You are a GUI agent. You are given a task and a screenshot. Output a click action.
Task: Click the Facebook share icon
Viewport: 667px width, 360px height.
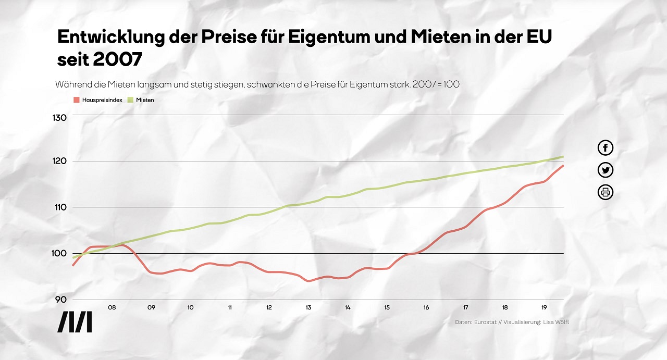point(605,148)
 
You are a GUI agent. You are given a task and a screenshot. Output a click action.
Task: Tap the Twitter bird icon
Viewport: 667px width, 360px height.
point(605,170)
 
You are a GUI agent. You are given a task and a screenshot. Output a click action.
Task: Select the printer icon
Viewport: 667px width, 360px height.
point(605,192)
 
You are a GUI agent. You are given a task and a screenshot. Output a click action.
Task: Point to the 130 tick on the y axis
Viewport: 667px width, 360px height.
point(60,118)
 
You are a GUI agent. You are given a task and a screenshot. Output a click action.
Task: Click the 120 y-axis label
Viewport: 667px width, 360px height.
point(60,162)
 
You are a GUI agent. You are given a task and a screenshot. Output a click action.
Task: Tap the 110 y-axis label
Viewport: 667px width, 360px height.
point(60,207)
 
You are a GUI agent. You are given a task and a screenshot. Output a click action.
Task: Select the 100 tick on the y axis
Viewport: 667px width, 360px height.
point(60,254)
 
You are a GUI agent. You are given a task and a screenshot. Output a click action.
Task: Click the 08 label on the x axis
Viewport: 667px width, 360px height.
point(112,308)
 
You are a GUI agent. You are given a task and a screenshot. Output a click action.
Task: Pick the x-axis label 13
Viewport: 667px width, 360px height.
point(308,308)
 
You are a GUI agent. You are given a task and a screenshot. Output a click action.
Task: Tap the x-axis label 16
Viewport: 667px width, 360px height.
point(426,308)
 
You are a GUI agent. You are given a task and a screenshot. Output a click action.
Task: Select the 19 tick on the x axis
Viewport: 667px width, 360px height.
point(544,308)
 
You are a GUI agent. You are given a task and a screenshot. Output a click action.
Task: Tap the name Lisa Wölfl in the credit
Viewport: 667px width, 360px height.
point(555,322)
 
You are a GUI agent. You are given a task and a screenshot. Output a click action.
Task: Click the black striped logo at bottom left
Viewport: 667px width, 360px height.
point(75,322)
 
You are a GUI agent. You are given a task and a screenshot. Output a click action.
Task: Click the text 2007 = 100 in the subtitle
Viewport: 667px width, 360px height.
point(436,84)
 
